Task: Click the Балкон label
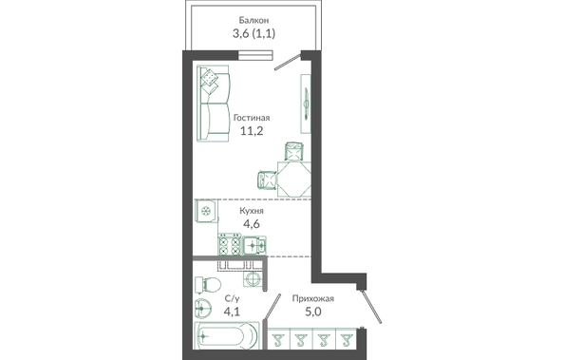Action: (254, 20)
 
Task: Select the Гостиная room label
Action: (252, 118)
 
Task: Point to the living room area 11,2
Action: (252, 131)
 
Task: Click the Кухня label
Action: (252, 211)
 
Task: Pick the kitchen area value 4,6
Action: (252, 224)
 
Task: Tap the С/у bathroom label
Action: (232, 298)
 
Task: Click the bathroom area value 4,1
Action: (232, 312)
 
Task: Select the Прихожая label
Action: (313, 298)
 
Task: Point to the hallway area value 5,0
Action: (313, 312)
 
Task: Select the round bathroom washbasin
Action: (203, 309)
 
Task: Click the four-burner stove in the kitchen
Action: (230, 245)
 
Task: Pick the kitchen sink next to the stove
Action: (254, 245)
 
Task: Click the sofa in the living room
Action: (214, 104)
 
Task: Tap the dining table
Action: (294, 179)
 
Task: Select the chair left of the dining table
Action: (267, 179)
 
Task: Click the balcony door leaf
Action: (288, 63)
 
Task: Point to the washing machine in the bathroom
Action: (254, 279)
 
